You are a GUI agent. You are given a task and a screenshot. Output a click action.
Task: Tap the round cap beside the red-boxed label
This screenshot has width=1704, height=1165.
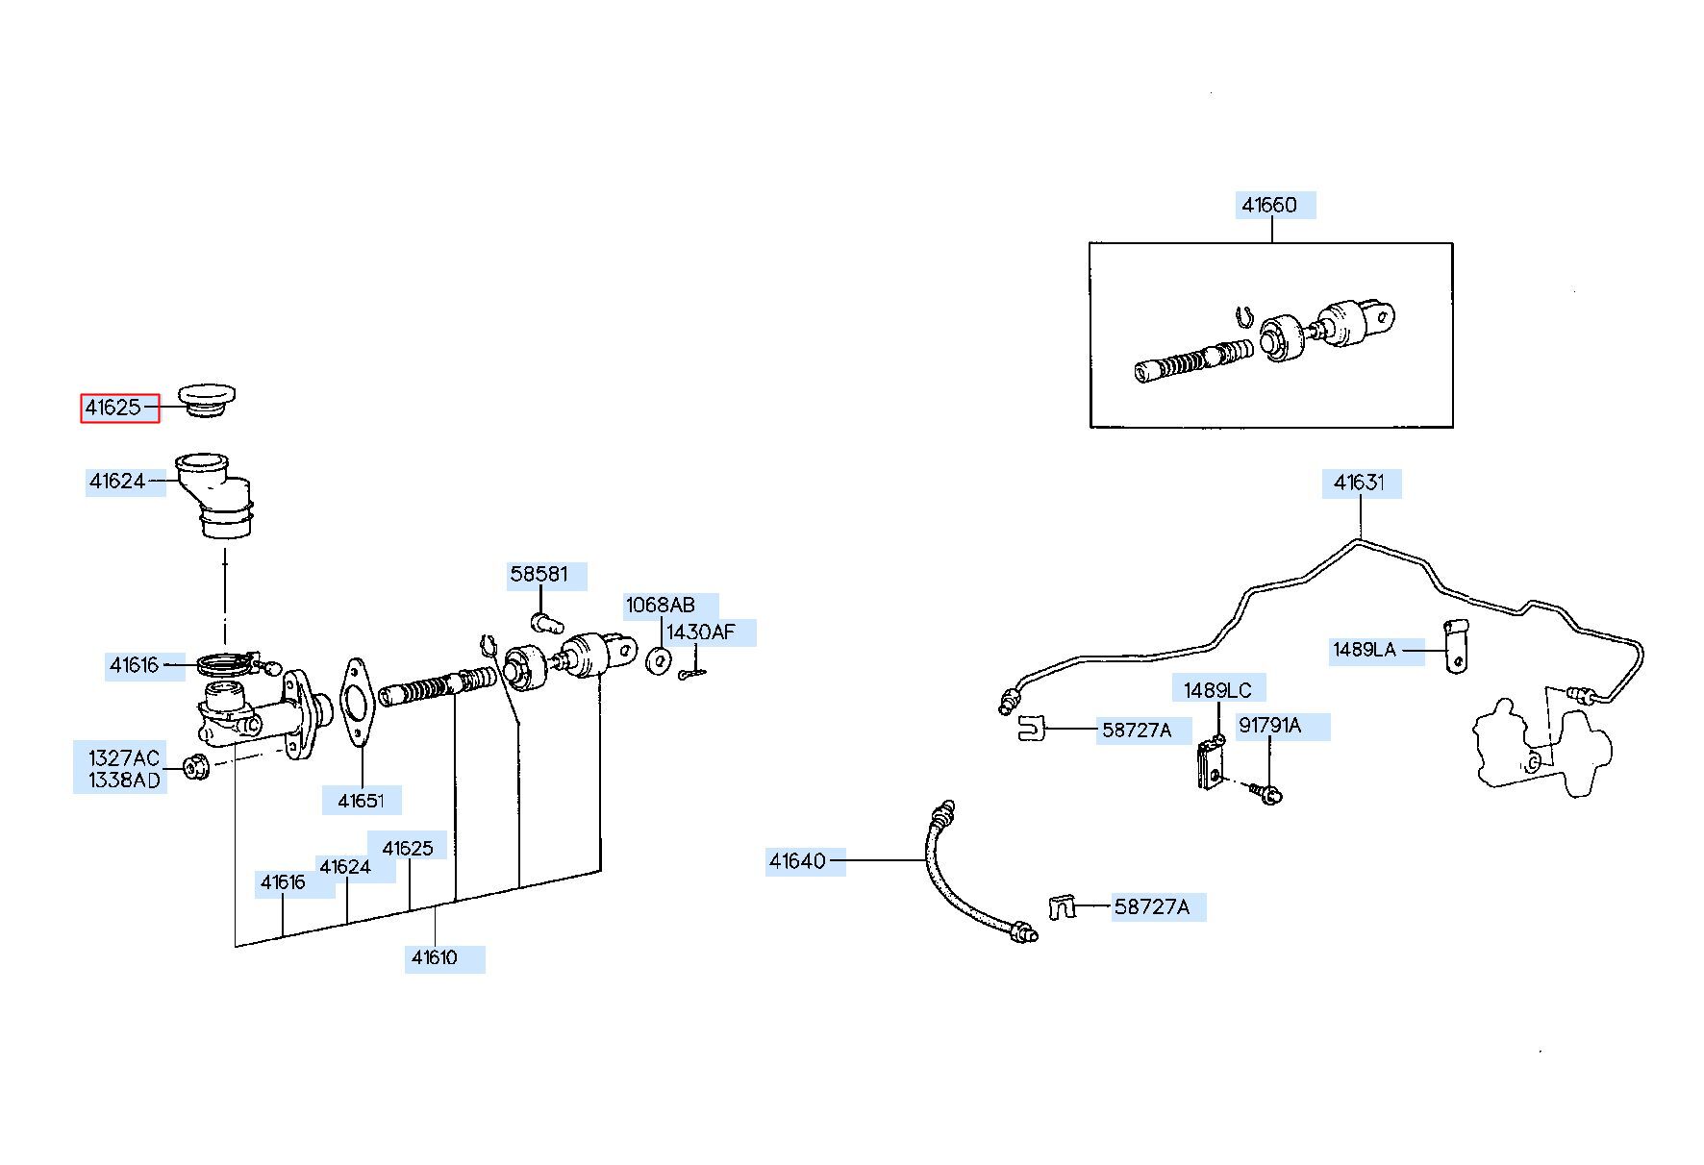pyautogui.click(x=208, y=400)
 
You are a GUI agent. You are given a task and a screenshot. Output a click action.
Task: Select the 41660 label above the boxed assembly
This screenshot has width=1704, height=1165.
pyautogui.click(x=1269, y=205)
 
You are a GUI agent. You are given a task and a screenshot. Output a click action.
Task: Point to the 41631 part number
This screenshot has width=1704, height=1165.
pyautogui.click(x=1360, y=483)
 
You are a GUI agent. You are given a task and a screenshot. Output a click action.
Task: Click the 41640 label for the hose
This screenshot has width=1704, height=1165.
pyautogui.click(x=797, y=861)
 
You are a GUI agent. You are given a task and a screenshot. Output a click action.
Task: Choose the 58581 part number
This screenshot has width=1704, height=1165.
pyautogui.click(x=539, y=575)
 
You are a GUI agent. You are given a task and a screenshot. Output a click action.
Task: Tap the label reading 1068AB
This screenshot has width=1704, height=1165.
pyautogui.click(x=661, y=606)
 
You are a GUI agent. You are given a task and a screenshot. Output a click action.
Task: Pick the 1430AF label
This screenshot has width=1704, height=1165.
pyautogui.click(x=701, y=632)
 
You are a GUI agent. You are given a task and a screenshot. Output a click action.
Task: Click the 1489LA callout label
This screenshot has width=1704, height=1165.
pyautogui.click(x=1365, y=650)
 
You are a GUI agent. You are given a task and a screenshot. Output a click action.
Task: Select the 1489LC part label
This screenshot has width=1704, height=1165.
pyautogui.click(x=1218, y=690)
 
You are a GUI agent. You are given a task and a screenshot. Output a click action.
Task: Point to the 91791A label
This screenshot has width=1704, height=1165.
pyautogui.click(x=1270, y=726)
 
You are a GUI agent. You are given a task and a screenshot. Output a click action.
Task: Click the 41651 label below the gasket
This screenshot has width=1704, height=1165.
pyautogui.click(x=361, y=801)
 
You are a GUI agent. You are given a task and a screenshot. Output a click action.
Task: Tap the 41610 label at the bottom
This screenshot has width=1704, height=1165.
pyautogui.click(x=435, y=957)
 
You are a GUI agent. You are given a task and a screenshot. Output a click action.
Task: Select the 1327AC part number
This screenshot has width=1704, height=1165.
pyautogui.click(x=124, y=758)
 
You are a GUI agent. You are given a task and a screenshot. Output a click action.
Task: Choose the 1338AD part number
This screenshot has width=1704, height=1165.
pyautogui.click(x=124, y=781)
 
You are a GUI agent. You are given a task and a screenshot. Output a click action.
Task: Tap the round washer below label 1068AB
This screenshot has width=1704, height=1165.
pyautogui.click(x=660, y=661)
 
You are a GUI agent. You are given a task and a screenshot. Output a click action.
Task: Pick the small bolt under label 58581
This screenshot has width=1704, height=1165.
pyautogui.click(x=545, y=621)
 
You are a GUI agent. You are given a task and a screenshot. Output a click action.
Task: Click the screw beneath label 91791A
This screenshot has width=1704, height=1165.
pyautogui.click(x=1264, y=792)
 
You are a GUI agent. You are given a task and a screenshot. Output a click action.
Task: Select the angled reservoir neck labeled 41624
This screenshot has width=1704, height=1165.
pyautogui.click(x=215, y=495)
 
